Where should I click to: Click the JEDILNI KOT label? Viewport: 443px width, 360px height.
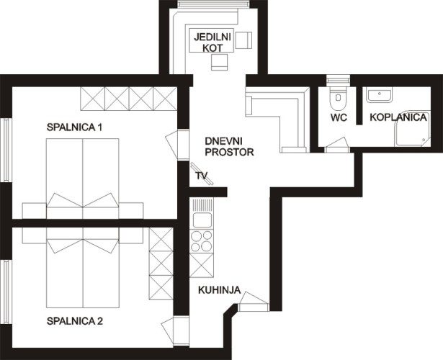[x=207, y=41]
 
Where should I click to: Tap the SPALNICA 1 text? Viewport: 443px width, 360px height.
[x=75, y=127]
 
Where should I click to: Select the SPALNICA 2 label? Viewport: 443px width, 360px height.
[x=75, y=320]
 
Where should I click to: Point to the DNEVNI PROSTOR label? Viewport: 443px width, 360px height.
[x=230, y=146]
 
